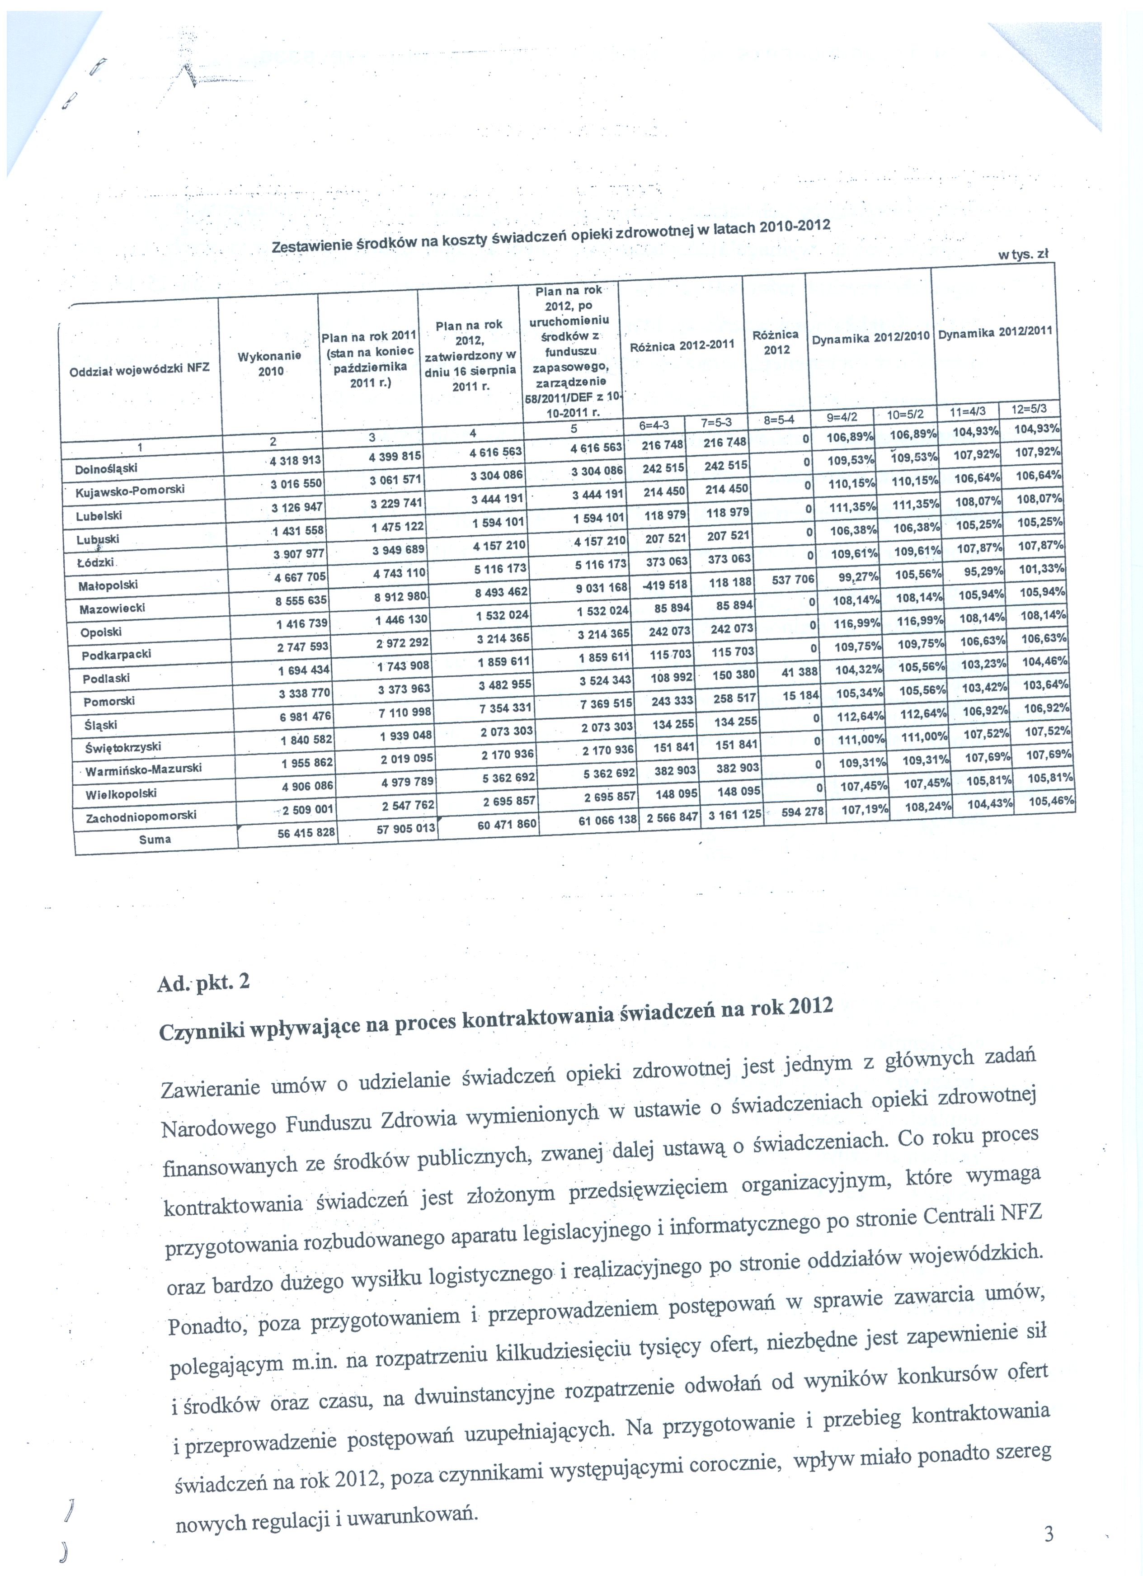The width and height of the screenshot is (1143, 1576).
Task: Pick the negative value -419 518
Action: coord(664,585)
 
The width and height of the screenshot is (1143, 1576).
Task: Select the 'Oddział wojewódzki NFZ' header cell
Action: coord(139,369)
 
